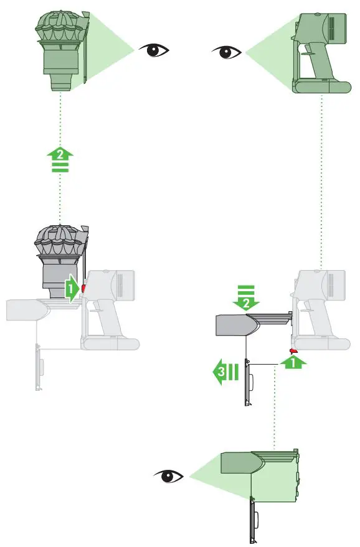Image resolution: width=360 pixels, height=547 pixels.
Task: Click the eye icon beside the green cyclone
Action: pyautogui.click(x=154, y=50)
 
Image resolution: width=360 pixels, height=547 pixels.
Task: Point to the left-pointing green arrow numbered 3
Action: pyautogui.click(x=224, y=373)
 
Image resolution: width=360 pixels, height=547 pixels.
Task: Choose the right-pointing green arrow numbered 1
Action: pyautogui.click(x=72, y=289)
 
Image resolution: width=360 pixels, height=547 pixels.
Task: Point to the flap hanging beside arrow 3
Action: pyautogui.click(x=247, y=383)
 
